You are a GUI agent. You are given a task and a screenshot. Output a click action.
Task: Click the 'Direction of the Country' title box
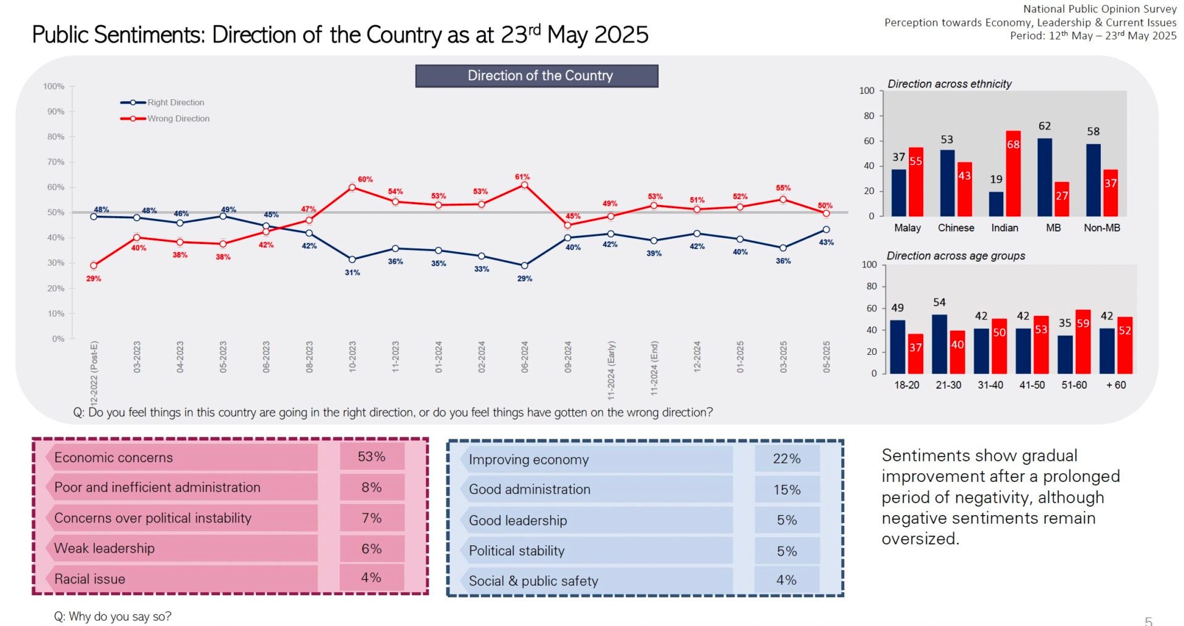pyautogui.click(x=536, y=76)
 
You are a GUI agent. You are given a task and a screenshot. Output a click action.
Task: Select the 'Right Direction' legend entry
pyautogui.click(x=175, y=102)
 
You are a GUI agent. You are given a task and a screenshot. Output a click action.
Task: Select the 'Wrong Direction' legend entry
pyautogui.click(x=178, y=118)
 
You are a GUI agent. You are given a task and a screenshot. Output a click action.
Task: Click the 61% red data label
pyautogui.click(x=522, y=177)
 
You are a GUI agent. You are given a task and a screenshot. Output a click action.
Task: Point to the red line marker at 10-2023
pyautogui.click(x=352, y=187)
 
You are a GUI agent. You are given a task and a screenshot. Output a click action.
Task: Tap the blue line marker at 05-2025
pyautogui.click(x=826, y=230)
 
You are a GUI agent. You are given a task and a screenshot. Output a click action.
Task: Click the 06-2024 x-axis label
pyautogui.click(x=525, y=357)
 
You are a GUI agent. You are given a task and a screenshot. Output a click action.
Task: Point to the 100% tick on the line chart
pyautogui.click(x=54, y=86)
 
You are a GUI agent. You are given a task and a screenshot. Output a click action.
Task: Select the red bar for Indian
pyautogui.click(x=1013, y=173)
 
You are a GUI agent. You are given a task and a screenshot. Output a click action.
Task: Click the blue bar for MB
pyautogui.click(x=1045, y=177)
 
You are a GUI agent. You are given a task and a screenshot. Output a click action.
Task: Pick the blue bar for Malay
pyautogui.click(x=899, y=192)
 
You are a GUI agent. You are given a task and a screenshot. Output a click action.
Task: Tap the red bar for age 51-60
pyautogui.click(x=1083, y=341)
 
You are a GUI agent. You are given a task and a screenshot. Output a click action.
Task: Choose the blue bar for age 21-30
pyautogui.click(x=939, y=344)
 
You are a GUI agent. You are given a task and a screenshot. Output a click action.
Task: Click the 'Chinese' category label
pyautogui.click(x=956, y=228)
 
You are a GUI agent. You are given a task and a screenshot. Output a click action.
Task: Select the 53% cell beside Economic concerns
pyautogui.click(x=371, y=457)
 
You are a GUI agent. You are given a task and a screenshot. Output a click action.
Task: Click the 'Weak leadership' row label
pyautogui.click(x=104, y=548)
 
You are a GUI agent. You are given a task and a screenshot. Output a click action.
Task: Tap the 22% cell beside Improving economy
pyautogui.click(x=786, y=459)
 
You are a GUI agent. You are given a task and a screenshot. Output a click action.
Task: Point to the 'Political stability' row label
pyautogui.click(x=516, y=551)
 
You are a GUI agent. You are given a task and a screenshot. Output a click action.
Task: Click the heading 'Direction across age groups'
pyautogui.click(x=955, y=256)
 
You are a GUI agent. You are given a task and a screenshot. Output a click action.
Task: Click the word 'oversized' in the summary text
pyautogui.click(x=919, y=539)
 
